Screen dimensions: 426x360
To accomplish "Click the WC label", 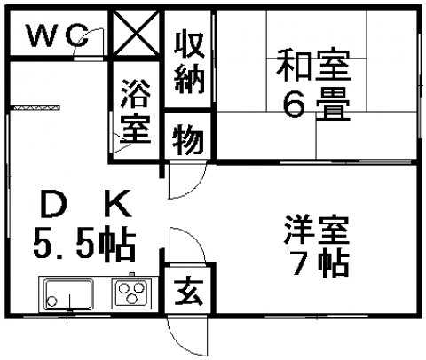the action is (x=58, y=35).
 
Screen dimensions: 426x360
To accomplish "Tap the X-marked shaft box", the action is (x=136, y=33).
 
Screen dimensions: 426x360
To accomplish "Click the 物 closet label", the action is (x=188, y=139).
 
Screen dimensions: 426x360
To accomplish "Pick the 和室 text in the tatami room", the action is (x=313, y=66).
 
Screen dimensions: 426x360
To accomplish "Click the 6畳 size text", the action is (x=317, y=104).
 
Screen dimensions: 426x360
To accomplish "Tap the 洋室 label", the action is (x=317, y=230).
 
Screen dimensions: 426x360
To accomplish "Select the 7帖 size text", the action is (x=320, y=262).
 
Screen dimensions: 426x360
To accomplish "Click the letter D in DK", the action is (x=54, y=203).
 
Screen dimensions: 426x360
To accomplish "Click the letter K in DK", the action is (x=118, y=203).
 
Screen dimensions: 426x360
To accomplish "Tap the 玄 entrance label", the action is (x=188, y=290).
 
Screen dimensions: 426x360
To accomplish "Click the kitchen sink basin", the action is (x=68, y=293).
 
